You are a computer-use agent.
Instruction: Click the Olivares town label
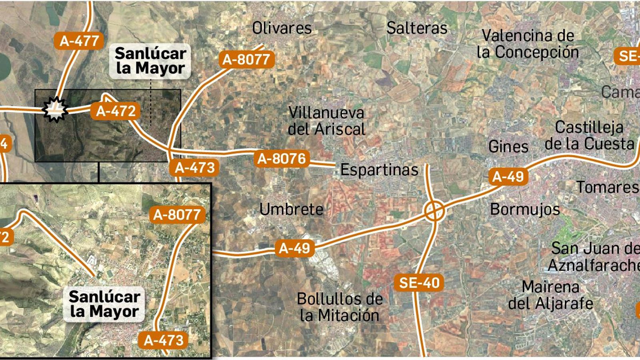pyautogui.click(x=282, y=28)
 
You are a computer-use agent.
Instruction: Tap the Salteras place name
pyautogui.click(x=417, y=28)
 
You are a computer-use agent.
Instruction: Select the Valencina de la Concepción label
pyautogui.click(x=528, y=44)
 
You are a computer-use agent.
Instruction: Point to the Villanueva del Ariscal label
pyautogui.click(x=327, y=121)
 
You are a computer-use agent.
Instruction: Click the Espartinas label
pyautogui.click(x=379, y=170)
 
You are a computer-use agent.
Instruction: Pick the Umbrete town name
pyautogui.click(x=291, y=209)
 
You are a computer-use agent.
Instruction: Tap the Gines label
pyautogui.click(x=508, y=147)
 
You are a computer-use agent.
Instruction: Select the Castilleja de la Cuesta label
pyautogui.click(x=590, y=136)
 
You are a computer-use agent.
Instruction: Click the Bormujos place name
pyautogui.click(x=525, y=209)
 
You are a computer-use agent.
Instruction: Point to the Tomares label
pyautogui.click(x=607, y=187)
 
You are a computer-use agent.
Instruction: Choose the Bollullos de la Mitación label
pyautogui.click(x=340, y=307)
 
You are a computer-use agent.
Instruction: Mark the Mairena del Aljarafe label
pyautogui.click(x=551, y=295)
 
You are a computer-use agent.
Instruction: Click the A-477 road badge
pyautogui.click(x=79, y=41)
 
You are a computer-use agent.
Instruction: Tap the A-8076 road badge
pyautogui.click(x=282, y=159)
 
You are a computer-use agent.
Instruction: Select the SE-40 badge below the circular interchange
pyautogui.click(x=419, y=283)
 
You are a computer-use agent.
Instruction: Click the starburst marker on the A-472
pyautogui.click(x=56, y=109)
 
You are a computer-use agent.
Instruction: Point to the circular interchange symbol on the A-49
pyautogui.click(x=434, y=211)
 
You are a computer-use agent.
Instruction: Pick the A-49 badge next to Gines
pyautogui.click(x=508, y=176)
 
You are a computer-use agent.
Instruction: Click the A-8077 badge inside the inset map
pyautogui.click(x=177, y=215)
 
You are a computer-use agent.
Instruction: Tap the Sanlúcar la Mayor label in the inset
pyautogui.click(x=104, y=304)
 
